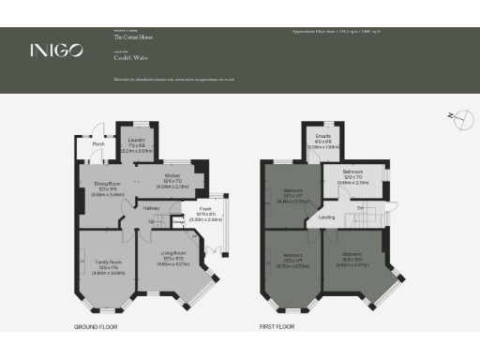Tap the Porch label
click(x=97, y=144)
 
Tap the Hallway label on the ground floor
click(x=152, y=209)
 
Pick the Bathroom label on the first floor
click(x=353, y=173)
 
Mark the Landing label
click(x=327, y=218)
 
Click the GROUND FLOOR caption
click(x=96, y=328)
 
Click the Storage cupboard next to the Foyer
click(x=178, y=222)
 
